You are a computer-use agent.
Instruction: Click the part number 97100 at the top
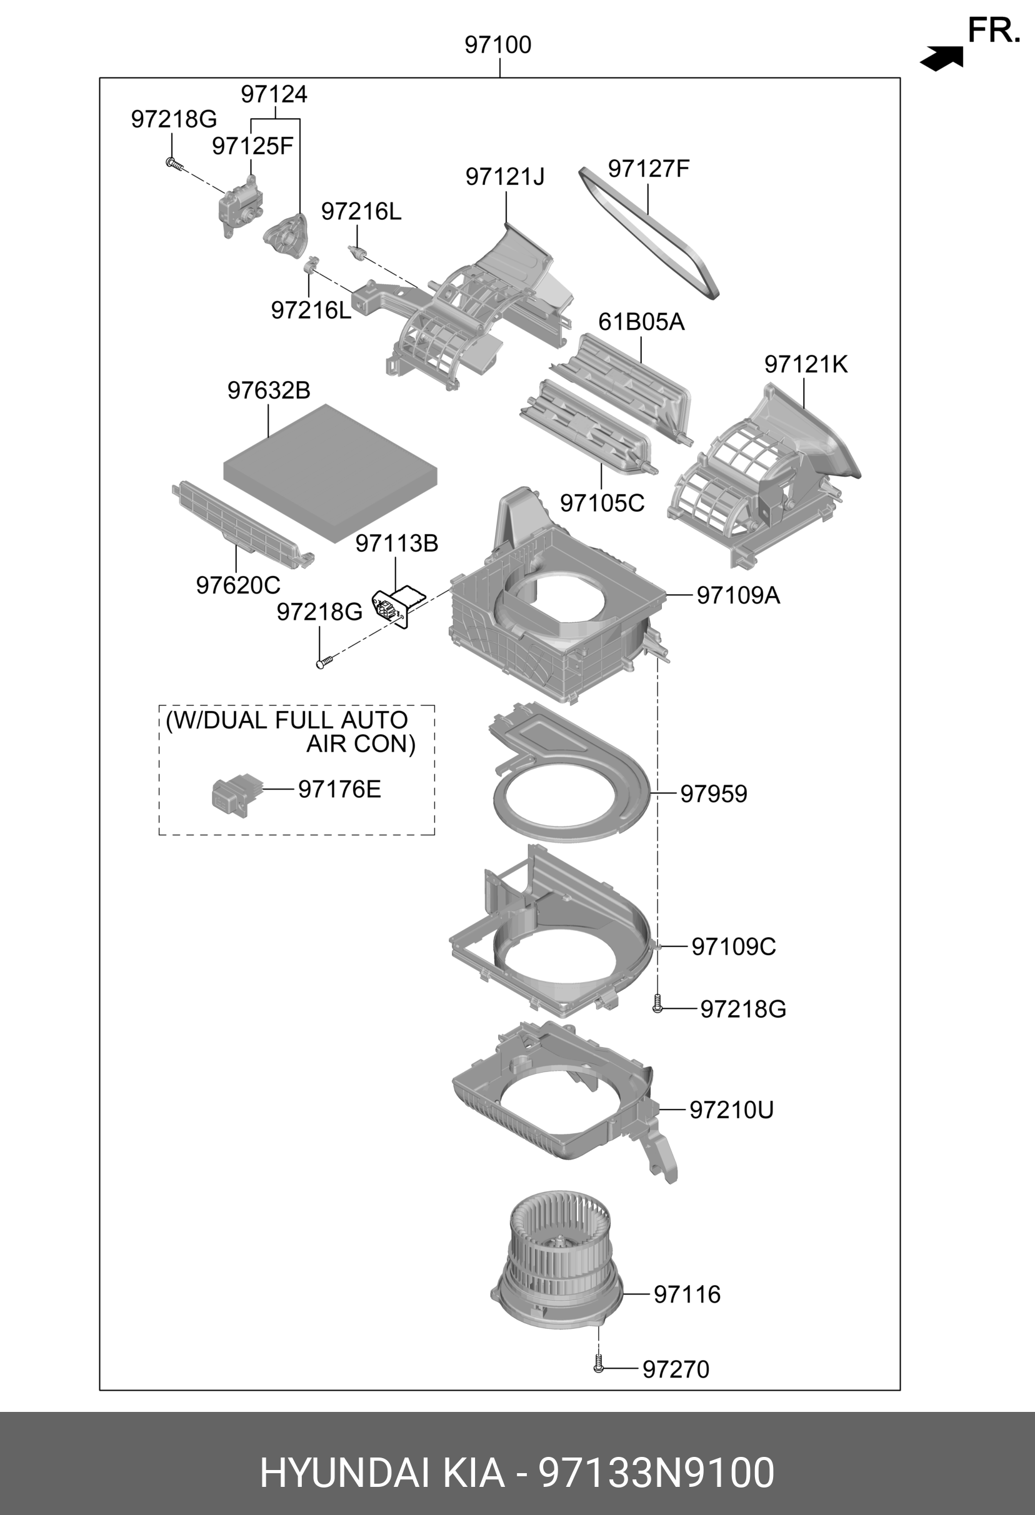[x=497, y=45]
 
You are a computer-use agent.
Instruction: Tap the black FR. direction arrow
[x=942, y=59]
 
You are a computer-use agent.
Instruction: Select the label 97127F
[x=648, y=169]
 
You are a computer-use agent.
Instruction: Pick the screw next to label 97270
[x=599, y=1365]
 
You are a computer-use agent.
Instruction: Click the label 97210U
[x=731, y=1110]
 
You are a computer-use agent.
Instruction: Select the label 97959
[x=714, y=794]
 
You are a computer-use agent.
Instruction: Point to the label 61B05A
[x=641, y=322]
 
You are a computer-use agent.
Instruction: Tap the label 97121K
[x=806, y=364]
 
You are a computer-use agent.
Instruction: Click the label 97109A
[x=737, y=595]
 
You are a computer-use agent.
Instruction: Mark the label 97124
[x=274, y=94]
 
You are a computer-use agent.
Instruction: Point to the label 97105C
[x=602, y=504]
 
